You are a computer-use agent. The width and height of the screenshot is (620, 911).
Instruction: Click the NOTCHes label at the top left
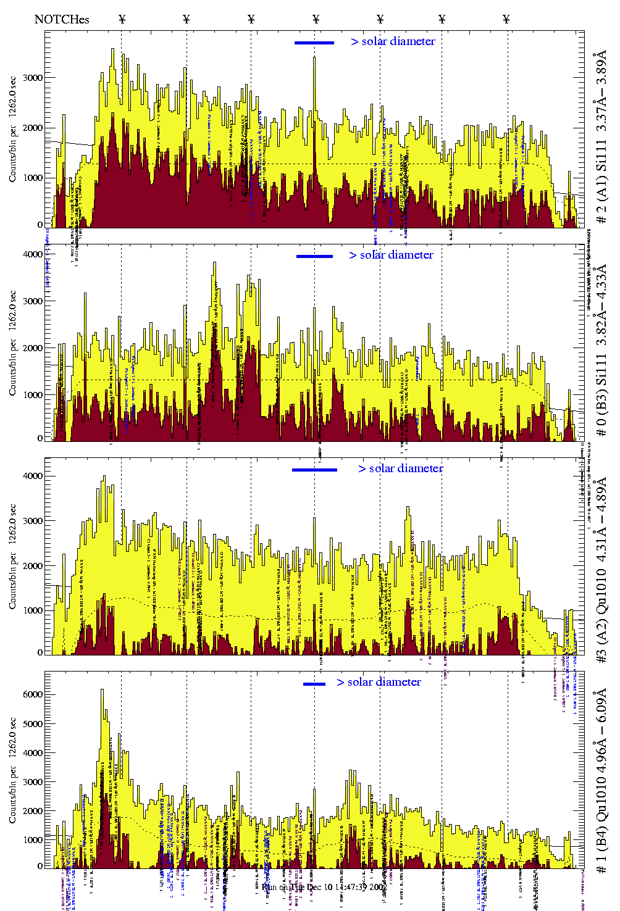pos(62,19)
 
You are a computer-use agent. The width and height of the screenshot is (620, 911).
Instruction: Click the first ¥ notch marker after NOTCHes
pos(122,19)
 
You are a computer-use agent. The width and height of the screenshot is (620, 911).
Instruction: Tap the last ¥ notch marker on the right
pos(506,19)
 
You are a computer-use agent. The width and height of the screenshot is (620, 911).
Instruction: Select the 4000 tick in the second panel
pos(33,254)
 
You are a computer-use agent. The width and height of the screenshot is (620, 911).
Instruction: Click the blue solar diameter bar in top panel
pos(314,43)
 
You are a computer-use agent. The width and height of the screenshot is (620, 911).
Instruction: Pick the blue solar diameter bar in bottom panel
pos(314,684)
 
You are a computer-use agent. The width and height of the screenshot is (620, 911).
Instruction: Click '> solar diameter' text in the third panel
pos(401,468)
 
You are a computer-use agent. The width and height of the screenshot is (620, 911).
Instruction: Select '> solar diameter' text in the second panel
pos(392,255)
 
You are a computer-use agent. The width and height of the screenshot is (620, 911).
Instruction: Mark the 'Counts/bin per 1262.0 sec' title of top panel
pos(13,129)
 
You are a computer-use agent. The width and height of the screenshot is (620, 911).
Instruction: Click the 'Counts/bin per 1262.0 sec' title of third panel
pos(13,556)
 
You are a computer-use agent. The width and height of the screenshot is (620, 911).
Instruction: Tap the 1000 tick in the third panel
pos(33,610)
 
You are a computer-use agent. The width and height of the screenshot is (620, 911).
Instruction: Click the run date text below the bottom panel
pos(316,887)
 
